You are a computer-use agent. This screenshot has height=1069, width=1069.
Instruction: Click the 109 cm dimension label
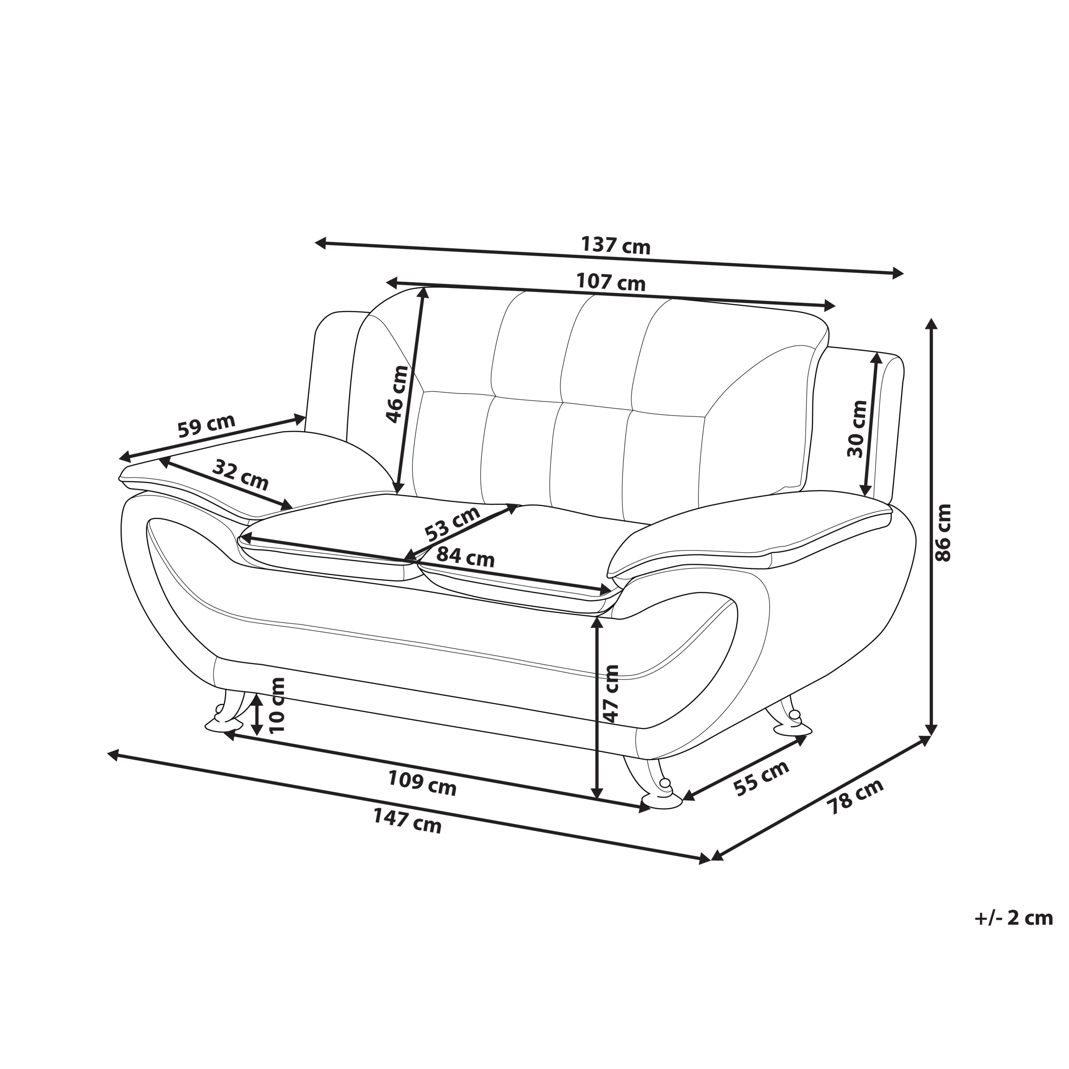tap(422, 783)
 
